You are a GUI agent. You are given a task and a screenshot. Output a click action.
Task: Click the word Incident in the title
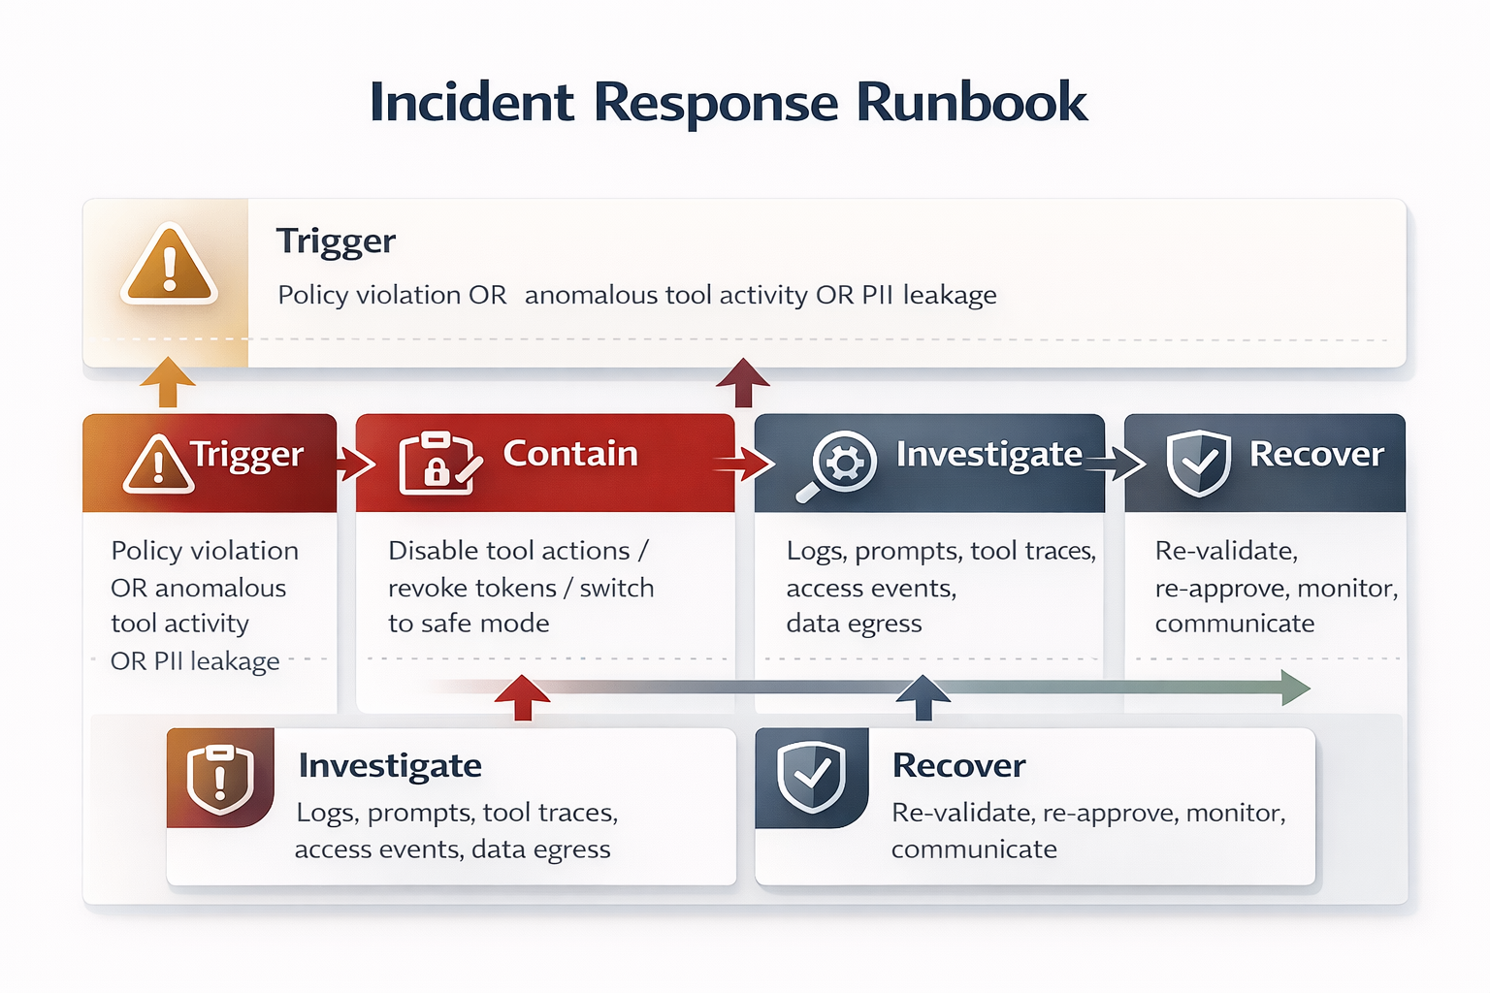pos(471,102)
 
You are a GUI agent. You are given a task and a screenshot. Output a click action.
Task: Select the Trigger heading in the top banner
pos(336,240)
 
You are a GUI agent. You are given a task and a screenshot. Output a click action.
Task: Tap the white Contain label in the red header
pos(570,454)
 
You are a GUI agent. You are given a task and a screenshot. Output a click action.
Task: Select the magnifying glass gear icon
pos(838,464)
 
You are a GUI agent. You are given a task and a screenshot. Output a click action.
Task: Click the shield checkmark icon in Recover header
pos(1198,463)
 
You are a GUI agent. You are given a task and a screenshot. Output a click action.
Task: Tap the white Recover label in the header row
pos(1316,454)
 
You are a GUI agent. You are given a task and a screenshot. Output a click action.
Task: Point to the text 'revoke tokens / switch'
pos(521,588)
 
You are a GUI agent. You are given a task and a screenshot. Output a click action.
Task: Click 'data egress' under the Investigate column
pos(854,624)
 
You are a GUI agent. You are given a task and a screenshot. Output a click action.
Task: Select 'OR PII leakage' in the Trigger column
pos(195,661)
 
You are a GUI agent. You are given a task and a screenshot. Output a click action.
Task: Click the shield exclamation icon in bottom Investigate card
pos(220,779)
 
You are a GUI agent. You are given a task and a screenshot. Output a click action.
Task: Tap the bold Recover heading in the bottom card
pos(958,765)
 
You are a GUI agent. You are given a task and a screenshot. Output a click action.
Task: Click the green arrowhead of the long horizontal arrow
pos(1295,688)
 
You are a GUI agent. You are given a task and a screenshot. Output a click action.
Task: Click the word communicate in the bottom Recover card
pos(974,849)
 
